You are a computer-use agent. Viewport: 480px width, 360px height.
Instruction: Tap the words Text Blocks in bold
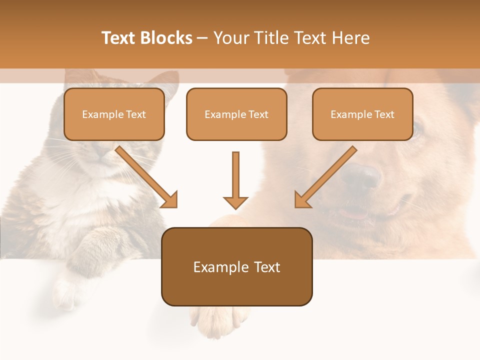click(x=146, y=38)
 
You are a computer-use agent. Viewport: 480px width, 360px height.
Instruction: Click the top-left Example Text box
click(x=114, y=114)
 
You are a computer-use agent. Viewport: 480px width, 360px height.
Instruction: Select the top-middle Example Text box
click(x=236, y=114)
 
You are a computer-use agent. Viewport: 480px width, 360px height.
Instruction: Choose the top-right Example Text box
click(x=362, y=114)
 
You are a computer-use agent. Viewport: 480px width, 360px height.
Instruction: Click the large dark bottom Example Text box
click(x=236, y=267)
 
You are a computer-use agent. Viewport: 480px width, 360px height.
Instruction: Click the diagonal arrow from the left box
click(x=147, y=177)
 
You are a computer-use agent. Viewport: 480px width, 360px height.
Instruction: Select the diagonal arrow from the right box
click(x=325, y=177)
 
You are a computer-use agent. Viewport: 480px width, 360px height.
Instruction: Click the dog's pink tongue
click(x=353, y=213)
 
